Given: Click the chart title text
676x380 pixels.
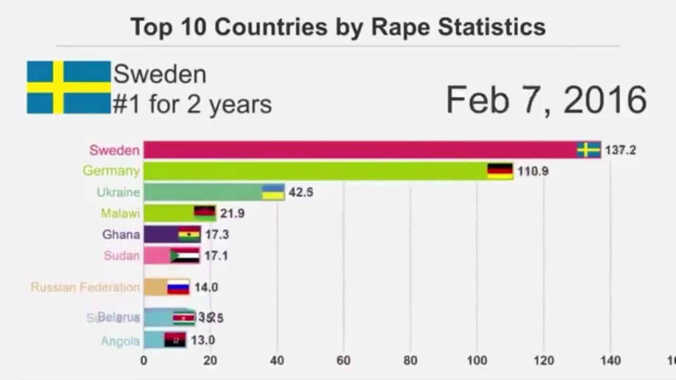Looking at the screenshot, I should point(338,27).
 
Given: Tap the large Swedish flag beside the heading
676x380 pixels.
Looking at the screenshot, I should point(69,87).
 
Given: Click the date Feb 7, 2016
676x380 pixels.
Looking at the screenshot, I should point(546,100).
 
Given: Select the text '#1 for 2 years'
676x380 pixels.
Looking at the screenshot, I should point(192,104).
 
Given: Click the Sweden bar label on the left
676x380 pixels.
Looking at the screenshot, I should point(115,150).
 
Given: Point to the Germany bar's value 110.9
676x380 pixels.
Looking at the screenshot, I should point(533,171).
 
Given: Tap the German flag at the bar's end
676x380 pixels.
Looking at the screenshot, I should point(500,171).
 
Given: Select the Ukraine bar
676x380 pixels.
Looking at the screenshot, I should point(214,192).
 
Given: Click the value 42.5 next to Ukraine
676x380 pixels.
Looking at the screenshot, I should point(301,192).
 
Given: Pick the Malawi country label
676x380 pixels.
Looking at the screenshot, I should point(120,213).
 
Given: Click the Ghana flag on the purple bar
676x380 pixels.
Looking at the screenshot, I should point(189,234).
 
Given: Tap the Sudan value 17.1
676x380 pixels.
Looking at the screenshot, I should point(217,255).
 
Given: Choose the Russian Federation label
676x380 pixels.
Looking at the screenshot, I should point(85,287).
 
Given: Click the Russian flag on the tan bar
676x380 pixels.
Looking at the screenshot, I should point(178,287).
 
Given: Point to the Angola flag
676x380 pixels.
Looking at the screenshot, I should point(175,340).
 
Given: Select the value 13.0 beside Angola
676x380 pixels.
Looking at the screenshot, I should point(203,340).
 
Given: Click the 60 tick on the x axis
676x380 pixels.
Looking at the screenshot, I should point(343,360).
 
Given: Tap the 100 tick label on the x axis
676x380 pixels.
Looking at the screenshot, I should point(477,360).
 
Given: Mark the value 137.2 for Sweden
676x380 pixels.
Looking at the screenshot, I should point(621,150).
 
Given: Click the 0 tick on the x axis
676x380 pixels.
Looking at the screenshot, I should point(144,360).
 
